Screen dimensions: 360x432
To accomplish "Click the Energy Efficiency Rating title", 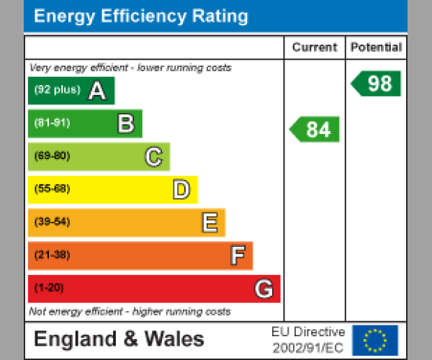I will [141, 17].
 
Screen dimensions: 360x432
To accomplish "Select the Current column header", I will [315, 48].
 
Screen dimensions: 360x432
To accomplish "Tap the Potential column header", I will [376, 48].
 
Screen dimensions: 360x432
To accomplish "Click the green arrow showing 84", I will [315, 130].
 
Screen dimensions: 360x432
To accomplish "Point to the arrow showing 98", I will [377, 84].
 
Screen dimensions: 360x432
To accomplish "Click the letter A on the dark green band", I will [97, 91].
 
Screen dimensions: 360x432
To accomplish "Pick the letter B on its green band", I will [125, 124].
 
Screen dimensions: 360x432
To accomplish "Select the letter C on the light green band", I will [153, 156].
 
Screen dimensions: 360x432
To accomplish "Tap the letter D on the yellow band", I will [181, 190].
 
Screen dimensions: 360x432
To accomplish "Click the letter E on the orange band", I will [209, 223].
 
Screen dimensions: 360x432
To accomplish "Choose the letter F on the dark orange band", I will [237, 256].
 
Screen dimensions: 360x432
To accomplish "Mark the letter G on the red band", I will [264, 289].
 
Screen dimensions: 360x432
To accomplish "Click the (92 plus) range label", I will [57, 91].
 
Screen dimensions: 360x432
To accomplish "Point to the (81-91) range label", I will [52, 123].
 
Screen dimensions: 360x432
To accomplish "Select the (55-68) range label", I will [52, 189].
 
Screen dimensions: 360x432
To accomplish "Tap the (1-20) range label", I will [49, 289].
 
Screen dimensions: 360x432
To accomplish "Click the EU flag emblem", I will [374, 340].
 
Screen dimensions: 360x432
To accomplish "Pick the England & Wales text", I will [119, 340].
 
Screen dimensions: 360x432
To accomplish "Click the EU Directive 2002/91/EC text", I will [308, 340].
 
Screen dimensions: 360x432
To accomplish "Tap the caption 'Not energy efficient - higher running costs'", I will [130, 312].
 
